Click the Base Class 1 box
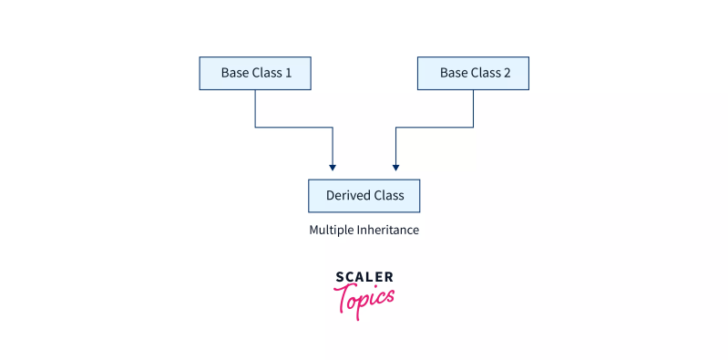pos(255,73)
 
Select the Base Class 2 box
pos(473,73)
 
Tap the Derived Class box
pos(364,196)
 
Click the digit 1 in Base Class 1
pos(289,73)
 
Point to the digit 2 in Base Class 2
pos(508,73)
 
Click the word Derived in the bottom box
pos(347,196)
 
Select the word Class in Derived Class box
pos(387,196)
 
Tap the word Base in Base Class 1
pos(235,73)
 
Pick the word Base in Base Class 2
pos(454,73)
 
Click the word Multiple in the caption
pos(332,231)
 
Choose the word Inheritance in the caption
pos(388,231)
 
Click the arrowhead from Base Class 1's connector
pos(333,168)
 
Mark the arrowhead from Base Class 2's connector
pos(395,168)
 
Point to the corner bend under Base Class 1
pos(255,127)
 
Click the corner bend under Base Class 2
pos(474,127)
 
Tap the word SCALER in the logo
pos(364,277)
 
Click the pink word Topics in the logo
pos(364,299)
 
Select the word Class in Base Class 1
pos(269,73)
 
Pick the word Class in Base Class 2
pos(487,73)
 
